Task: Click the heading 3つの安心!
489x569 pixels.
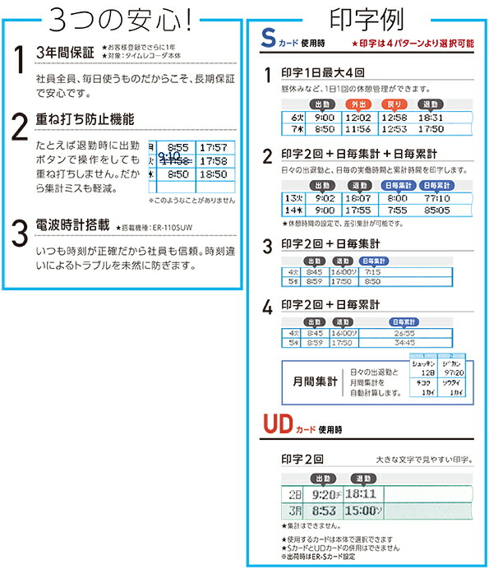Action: click(122, 17)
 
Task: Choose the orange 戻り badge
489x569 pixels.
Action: click(394, 104)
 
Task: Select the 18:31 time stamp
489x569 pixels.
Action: click(430, 118)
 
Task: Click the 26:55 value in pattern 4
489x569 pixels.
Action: click(403, 333)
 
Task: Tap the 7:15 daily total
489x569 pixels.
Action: click(373, 271)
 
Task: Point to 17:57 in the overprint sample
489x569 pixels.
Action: click(213, 147)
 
